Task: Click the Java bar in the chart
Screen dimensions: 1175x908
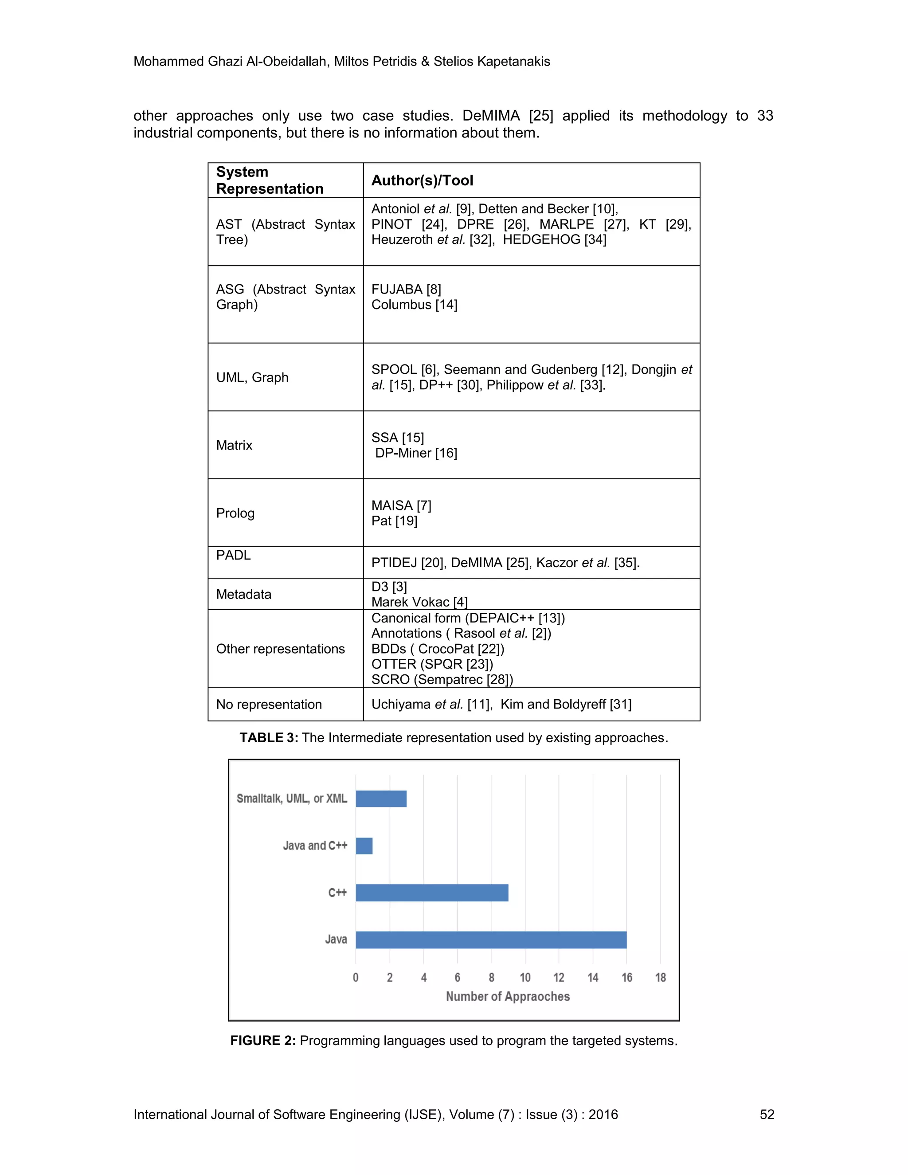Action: click(x=491, y=940)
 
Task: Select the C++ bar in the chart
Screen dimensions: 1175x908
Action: click(x=431, y=893)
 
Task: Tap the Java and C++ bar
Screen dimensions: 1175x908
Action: click(x=364, y=846)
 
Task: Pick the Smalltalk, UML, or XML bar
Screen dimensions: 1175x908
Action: click(x=381, y=799)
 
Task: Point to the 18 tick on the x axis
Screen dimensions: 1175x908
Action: click(x=660, y=978)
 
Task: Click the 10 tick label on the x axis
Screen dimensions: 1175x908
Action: click(x=525, y=978)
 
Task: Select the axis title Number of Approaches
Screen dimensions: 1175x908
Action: click(x=507, y=996)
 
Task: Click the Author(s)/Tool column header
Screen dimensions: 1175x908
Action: click(x=422, y=180)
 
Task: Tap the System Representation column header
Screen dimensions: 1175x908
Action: click(x=270, y=180)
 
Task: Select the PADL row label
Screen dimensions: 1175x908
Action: click(x=234, y=555)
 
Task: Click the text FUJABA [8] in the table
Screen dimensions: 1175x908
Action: click(x=406, y=289)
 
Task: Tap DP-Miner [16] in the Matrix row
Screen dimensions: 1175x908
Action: click(x=416, y=453)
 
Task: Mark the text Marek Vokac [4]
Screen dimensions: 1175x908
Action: click(x=419, y=602)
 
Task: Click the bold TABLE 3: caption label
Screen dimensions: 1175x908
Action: click(x=268, y=738)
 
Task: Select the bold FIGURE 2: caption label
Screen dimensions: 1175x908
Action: click(x=263, y=1041)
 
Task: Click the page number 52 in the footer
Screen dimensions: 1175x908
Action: click(x=767, y=1114)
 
